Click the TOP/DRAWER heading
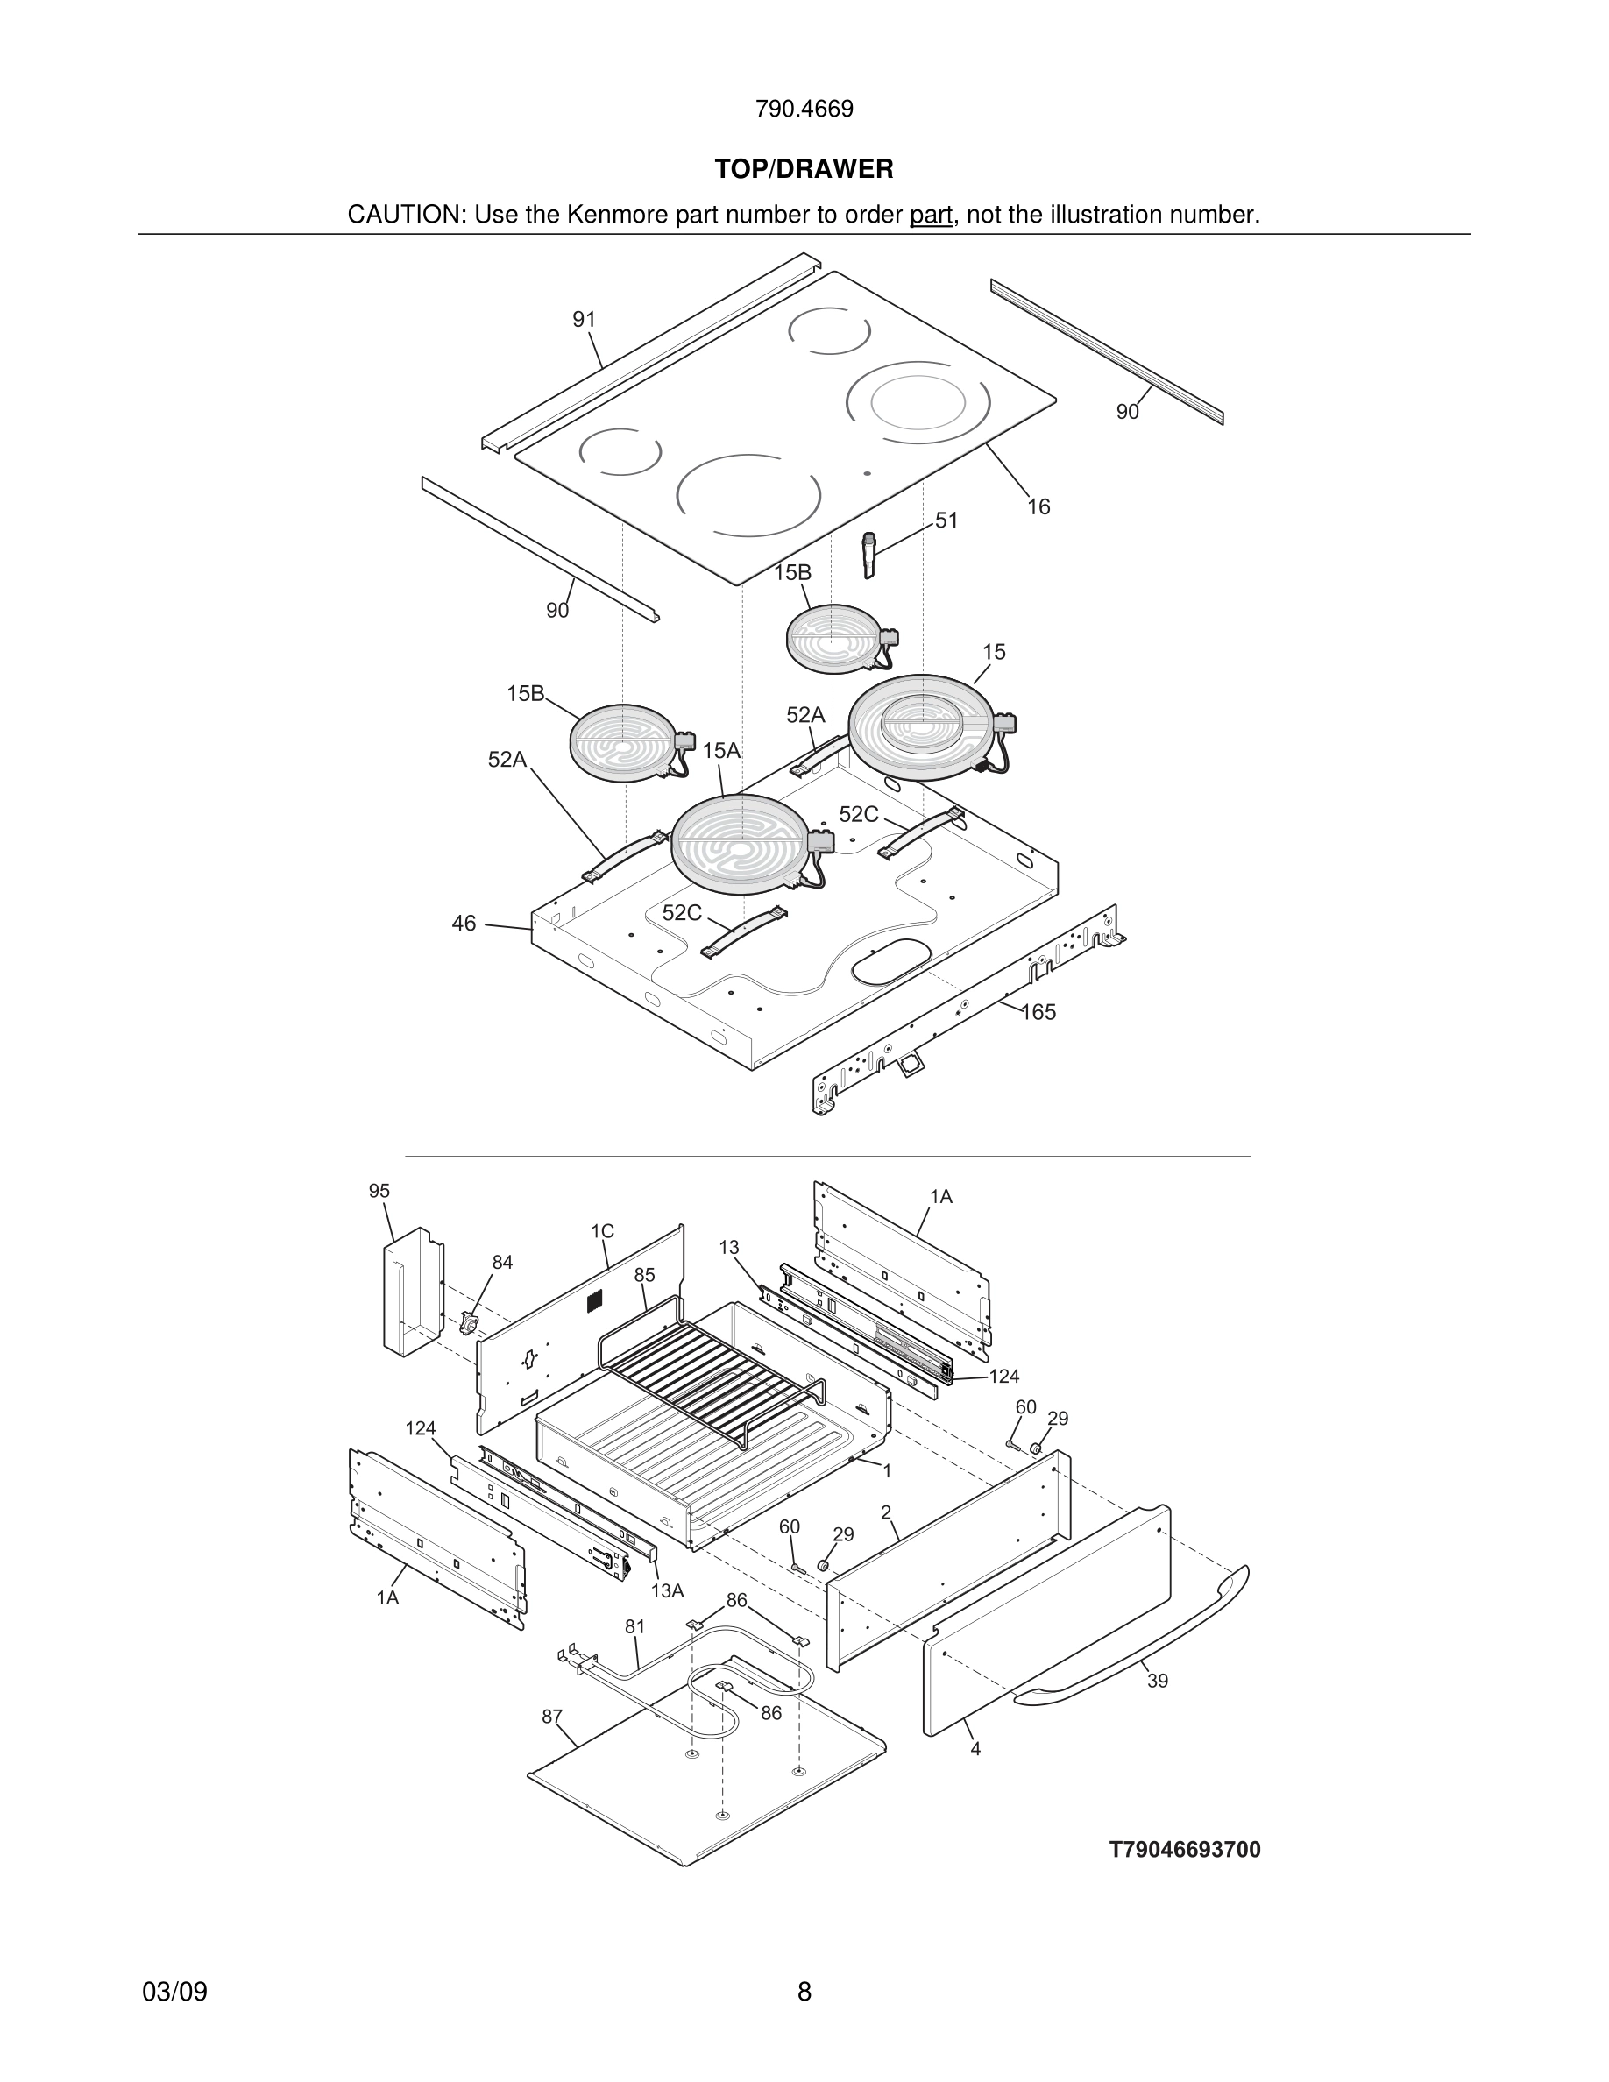[804, 170]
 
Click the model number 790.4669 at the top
[804, 110]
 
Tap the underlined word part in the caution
[931, 216]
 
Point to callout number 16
[1038, 507]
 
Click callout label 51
[946, 520]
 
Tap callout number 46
[464, 924]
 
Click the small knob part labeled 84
[468, 1323]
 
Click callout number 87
[552, 1717]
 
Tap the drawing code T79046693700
[1184, 1851]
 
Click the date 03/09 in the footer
[174, 1993]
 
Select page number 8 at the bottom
[804, 1993]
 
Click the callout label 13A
[667, 1590]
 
